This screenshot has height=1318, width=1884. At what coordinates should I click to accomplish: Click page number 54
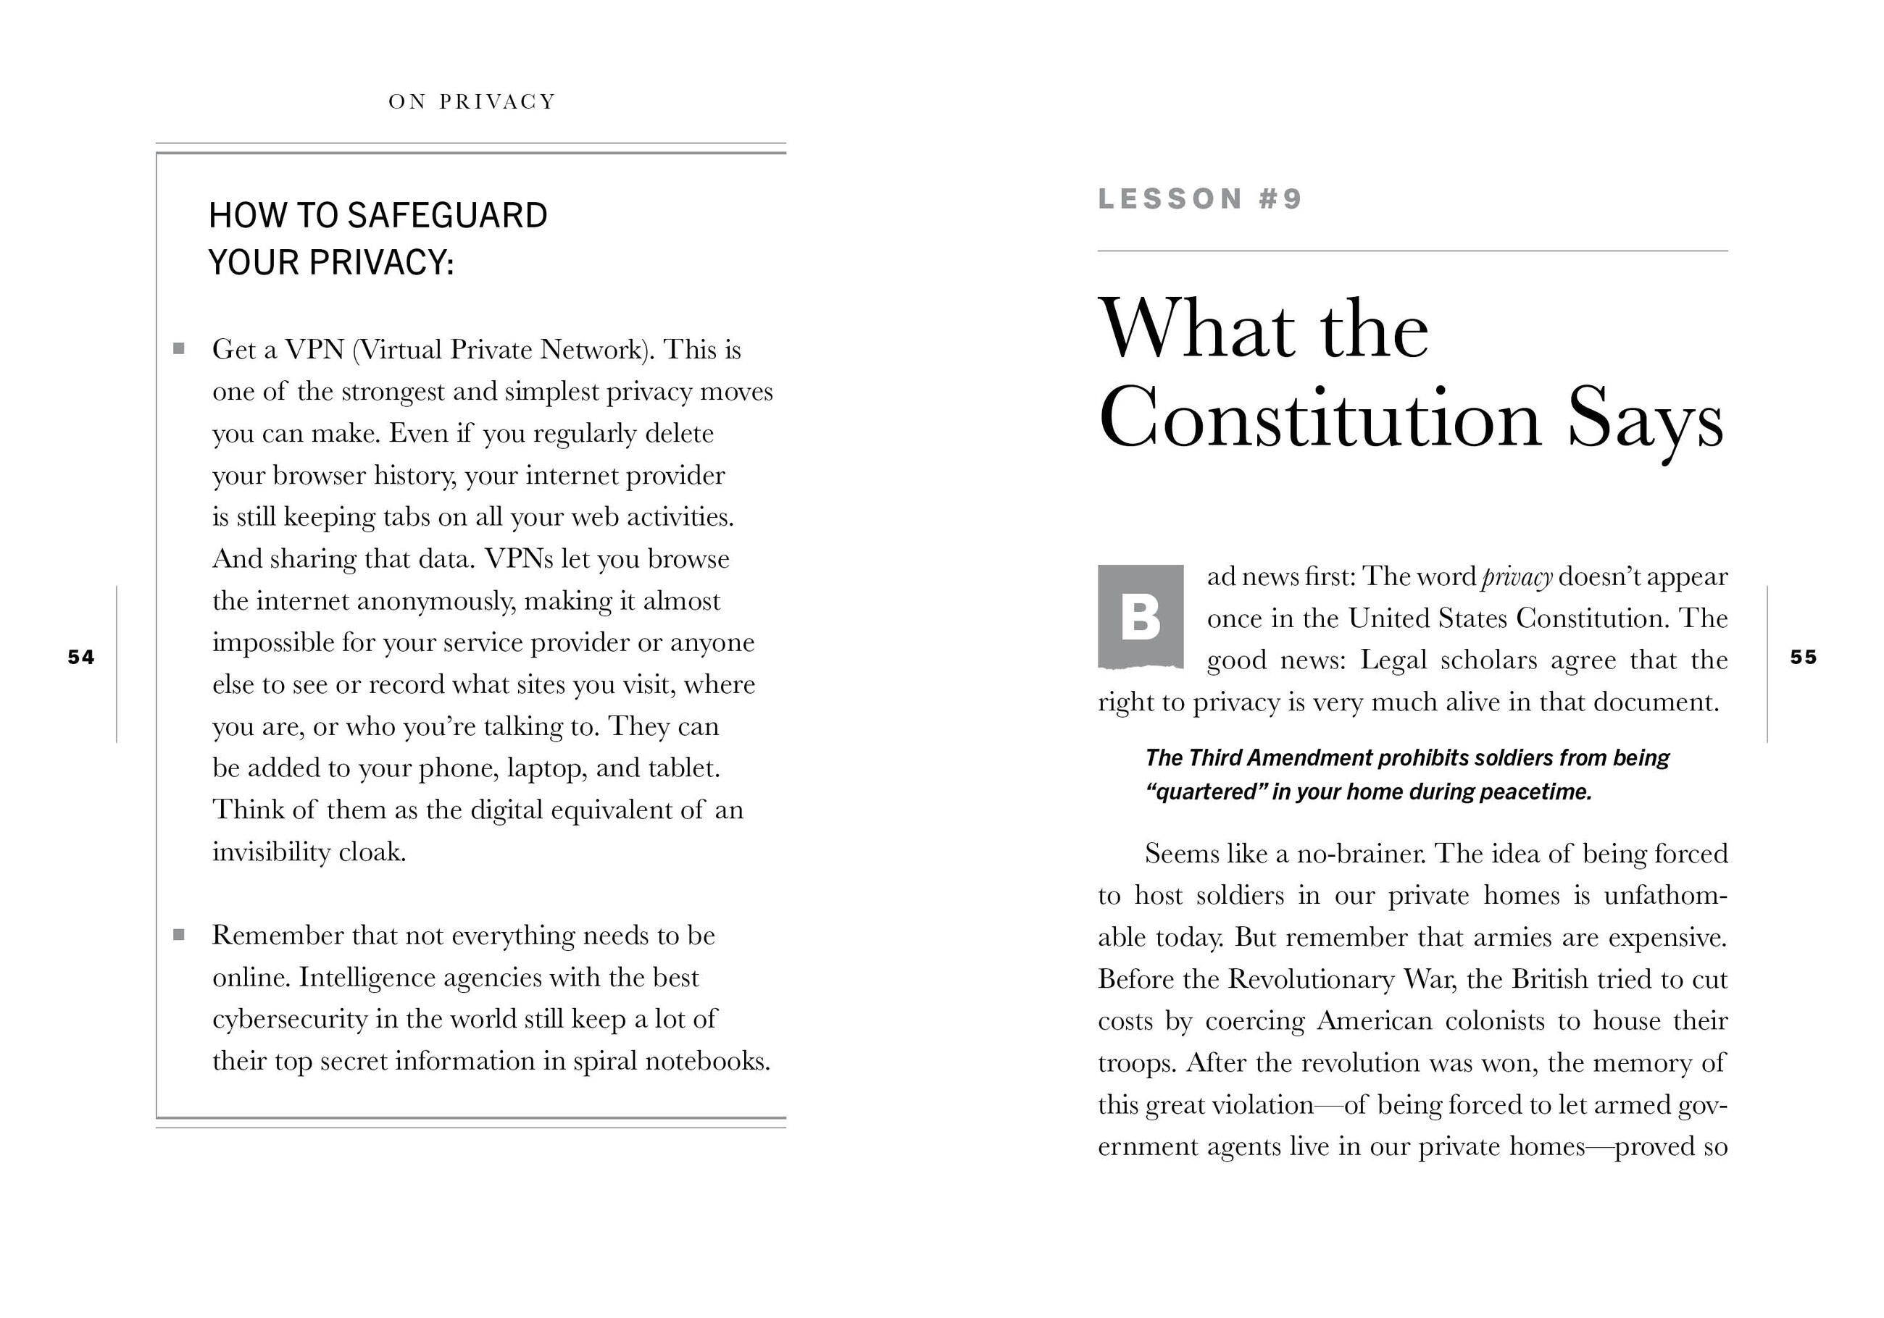click(x=81, y=657)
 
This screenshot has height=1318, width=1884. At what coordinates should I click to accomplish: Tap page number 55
click(x=1803, y=657)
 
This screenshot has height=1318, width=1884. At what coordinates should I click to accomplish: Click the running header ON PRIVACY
click(x=472, y=101)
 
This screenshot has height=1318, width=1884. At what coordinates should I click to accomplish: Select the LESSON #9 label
click(x=1200, y=199)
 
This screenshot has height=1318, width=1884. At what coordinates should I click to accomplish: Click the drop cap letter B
click(x=1141, y=617)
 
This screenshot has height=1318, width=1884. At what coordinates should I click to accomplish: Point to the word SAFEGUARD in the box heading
click(x=447, y=216)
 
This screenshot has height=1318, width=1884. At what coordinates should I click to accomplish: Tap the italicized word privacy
click(x=1517, y=577)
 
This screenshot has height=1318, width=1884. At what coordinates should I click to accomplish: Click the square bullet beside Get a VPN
click(x=179, y=349)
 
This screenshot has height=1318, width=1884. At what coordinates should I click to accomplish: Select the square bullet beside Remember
click(x=179, y=935)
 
